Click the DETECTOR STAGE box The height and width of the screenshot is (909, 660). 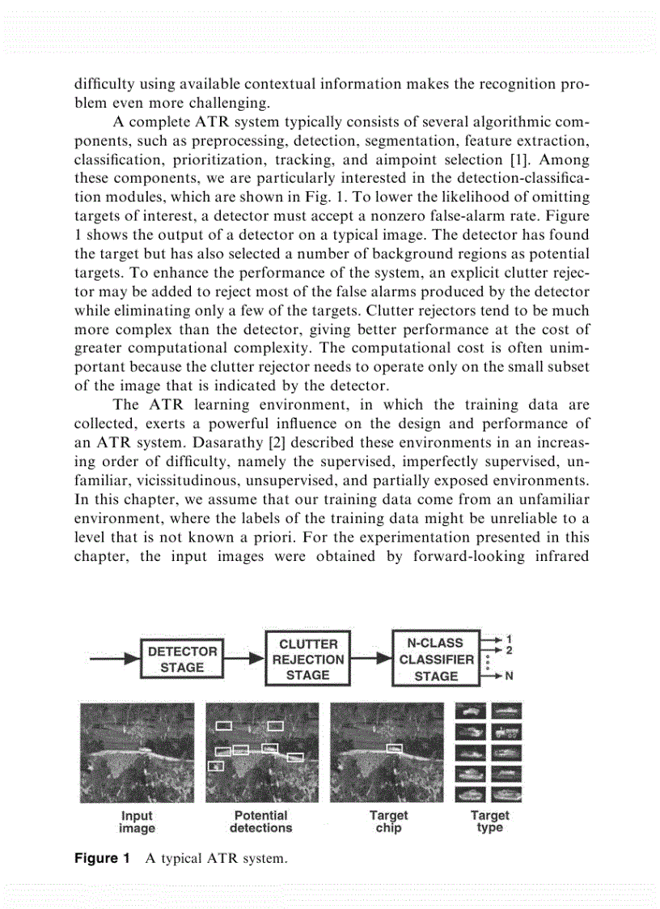click(182, 659)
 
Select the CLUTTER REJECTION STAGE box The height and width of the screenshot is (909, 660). click(307, 659)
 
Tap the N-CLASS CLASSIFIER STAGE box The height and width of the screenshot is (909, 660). click(436, 659)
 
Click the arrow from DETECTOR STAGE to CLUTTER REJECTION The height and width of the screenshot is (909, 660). click(244, 659)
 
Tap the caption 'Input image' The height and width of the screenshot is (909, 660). click(137, 822)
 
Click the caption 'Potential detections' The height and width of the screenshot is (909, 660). click(260, 822)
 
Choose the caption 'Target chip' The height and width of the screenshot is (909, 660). click(388, 822)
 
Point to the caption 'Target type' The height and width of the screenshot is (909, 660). click(490, 822)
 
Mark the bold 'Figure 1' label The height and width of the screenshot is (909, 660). click(96, 858)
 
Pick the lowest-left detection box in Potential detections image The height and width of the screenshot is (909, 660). click(215, 765)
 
